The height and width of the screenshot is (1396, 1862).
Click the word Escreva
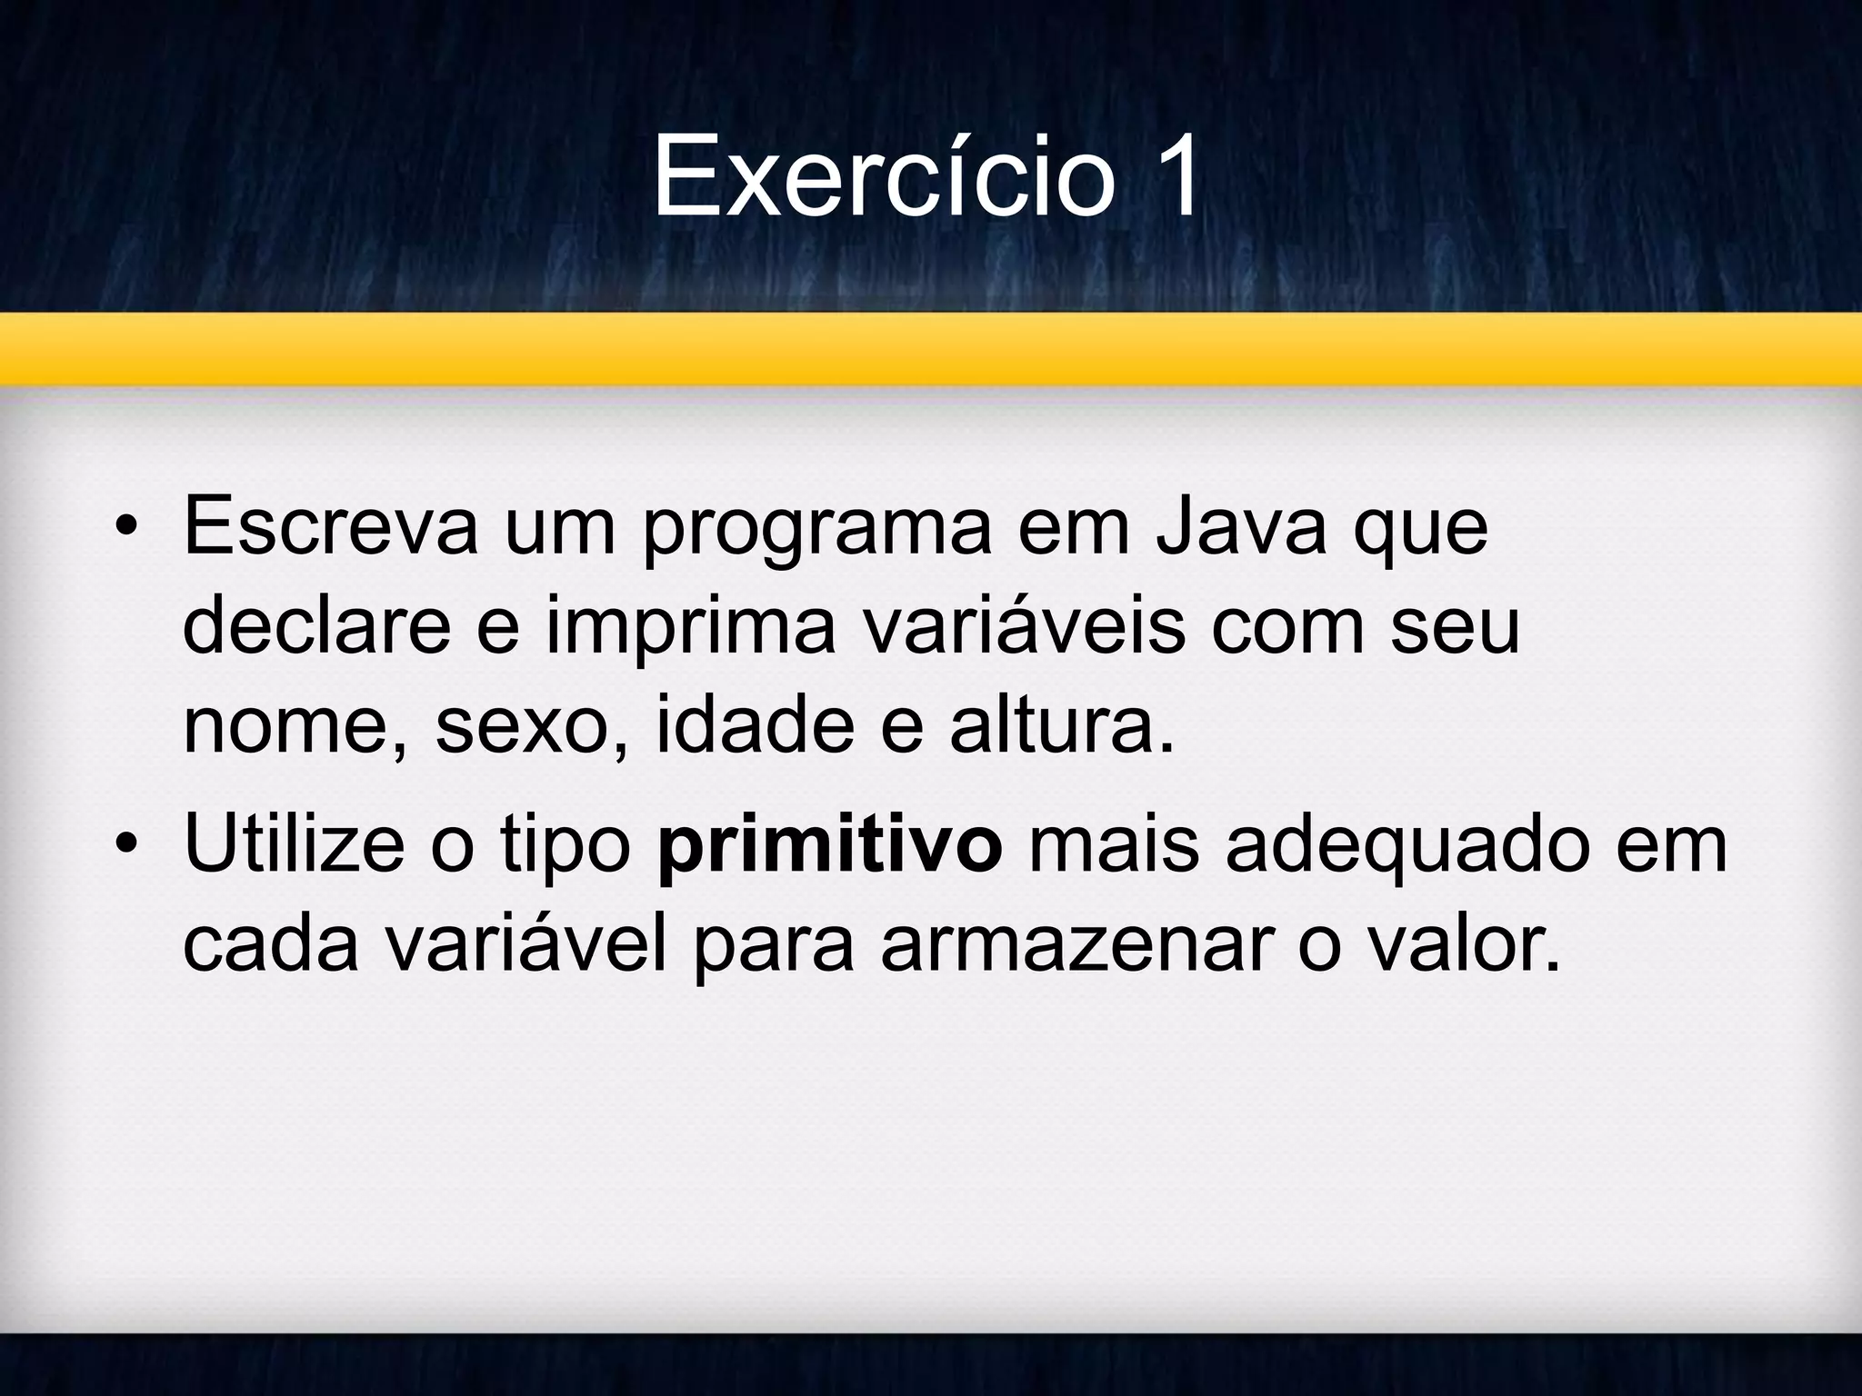pyautogui.click(x=330, y=527)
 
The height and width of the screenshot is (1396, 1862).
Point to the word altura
pyautogui.click(x=1061, y=727)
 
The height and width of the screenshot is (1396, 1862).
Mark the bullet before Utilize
pyautogui.click(x=125, y=845)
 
